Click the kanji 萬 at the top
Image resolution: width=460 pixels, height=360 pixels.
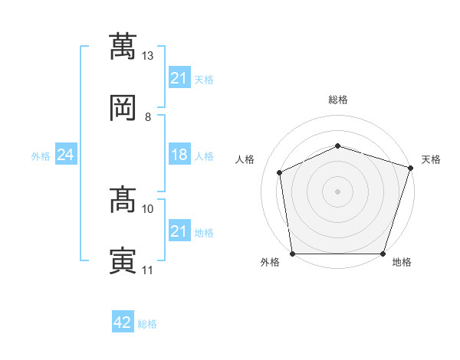click(x=123, y=46)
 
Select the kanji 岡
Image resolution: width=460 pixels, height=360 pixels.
click(x=123, y=107)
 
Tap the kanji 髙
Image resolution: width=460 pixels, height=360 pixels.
click(x=123, y=199)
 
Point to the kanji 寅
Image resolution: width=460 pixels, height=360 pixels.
click(x=123, y=260)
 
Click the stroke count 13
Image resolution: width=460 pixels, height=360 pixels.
click(x=147, y=56)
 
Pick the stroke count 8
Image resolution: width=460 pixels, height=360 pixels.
click(x=148, y=117)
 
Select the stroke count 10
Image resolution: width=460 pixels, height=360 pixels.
click(x=147, y=209)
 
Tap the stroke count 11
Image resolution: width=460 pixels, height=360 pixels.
click(x=147, y=270)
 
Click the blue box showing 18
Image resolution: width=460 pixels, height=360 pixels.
click(x=179, y=154)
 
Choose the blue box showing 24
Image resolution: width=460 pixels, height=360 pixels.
click(x=66, y=154)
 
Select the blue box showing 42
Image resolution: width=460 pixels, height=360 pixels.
click(x=123, y=321)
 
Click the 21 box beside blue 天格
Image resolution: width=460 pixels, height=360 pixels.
click(x=179, y=77)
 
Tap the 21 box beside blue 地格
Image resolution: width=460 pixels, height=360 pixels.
click(x=179, y=230)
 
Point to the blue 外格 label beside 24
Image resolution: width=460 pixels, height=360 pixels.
click(x=41, y=156)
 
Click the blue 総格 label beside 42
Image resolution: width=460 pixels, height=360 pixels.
click(x=147, y=324)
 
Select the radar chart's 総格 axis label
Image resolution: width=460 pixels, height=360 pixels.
click(x=338, y=100)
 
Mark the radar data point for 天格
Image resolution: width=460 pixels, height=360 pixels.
click(x=411, y=168)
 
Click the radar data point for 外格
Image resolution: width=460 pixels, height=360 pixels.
click(x=293, y=254)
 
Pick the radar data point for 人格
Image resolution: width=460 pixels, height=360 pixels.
click(x=280, y=172)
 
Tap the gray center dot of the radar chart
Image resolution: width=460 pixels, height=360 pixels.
click(x=337, y=191)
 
